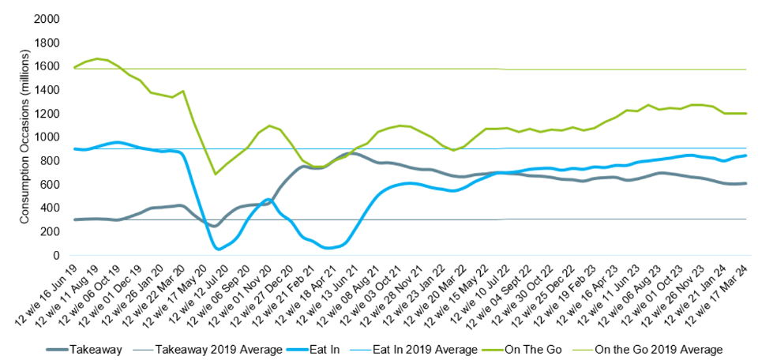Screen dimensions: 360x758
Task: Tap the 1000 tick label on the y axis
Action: coord(49,137)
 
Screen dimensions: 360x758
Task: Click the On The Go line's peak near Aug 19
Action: coord(97,58)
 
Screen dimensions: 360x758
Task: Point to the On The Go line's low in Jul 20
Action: coord(215,174)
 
